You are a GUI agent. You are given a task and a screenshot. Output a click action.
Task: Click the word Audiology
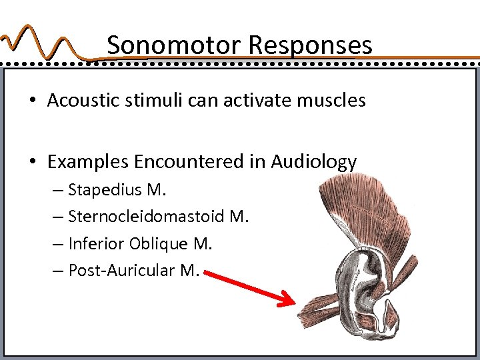coord(314,162)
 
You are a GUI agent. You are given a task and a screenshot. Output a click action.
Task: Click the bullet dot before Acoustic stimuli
coord(32,101)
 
